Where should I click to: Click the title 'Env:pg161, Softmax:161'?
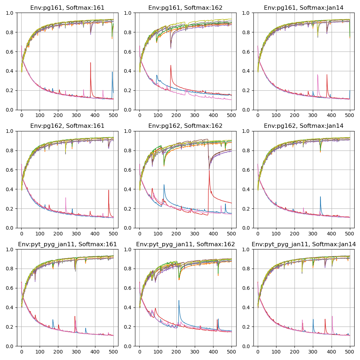click(67, 8)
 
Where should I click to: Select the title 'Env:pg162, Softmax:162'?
click(185, 126)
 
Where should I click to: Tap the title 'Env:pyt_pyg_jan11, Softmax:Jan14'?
click(303, 244)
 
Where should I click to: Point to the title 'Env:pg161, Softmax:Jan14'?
click(303, 8)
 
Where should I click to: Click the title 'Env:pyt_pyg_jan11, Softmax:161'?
click(67, 244)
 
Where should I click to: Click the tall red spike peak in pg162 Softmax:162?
click(209, 170)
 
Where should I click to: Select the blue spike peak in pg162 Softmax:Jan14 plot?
click(320, 197)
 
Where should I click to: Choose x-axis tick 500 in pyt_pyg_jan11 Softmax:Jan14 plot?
click(350, 351)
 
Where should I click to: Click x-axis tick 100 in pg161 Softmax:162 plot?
click(158, 114)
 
